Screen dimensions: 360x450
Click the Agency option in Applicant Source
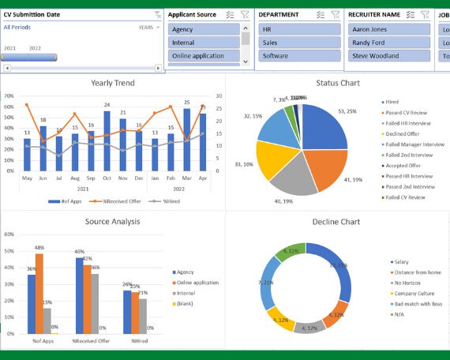[204, 29]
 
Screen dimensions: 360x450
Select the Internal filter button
[204, 43]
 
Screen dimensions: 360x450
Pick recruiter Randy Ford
[388, 43]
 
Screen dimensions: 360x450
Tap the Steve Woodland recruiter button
[388, 56]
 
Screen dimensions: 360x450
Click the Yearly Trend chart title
[113, 83]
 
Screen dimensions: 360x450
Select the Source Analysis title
[113, 222]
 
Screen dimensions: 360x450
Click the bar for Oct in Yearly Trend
[107, 137]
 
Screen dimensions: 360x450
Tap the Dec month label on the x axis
[139, 179]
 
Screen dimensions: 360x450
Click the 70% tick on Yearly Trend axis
[9, 96]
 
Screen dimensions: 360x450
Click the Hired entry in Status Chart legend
[393, 103]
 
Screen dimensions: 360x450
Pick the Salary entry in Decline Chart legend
[399, 261]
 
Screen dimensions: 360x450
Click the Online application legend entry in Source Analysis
[197, 283]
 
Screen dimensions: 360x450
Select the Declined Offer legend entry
[403, 134]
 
